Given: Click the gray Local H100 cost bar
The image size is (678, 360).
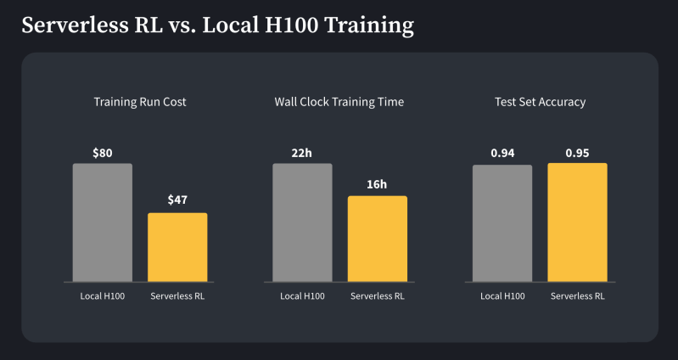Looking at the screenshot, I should (102, 222).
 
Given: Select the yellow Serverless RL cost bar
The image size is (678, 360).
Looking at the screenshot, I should (177, 247).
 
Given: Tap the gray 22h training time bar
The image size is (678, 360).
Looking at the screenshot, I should (302, 222).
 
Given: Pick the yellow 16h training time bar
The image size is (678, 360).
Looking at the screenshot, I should (378, 239).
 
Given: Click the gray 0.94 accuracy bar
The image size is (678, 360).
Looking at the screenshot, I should (502, 223).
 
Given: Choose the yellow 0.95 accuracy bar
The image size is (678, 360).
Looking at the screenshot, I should (577, 222).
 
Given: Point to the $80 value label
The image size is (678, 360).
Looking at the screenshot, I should (103, 154).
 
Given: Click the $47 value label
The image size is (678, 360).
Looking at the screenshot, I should (177, 200).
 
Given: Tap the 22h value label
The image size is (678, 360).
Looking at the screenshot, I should (302, 154).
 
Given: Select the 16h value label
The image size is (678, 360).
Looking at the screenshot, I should (378, 184).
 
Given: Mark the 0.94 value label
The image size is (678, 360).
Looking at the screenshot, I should (502, 154).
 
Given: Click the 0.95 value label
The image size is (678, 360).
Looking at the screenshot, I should (577, 154).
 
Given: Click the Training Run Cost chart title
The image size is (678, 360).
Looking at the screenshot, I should (140, 102).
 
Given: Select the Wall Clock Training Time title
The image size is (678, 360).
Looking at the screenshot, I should (339, 102).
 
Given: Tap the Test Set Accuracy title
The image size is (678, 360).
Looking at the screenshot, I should (540, 102).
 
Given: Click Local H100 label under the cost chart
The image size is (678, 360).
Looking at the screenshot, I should (103, 296).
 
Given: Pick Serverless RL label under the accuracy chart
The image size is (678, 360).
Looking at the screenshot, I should (577, 296).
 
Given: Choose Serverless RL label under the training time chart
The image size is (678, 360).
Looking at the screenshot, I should (378, 296).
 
